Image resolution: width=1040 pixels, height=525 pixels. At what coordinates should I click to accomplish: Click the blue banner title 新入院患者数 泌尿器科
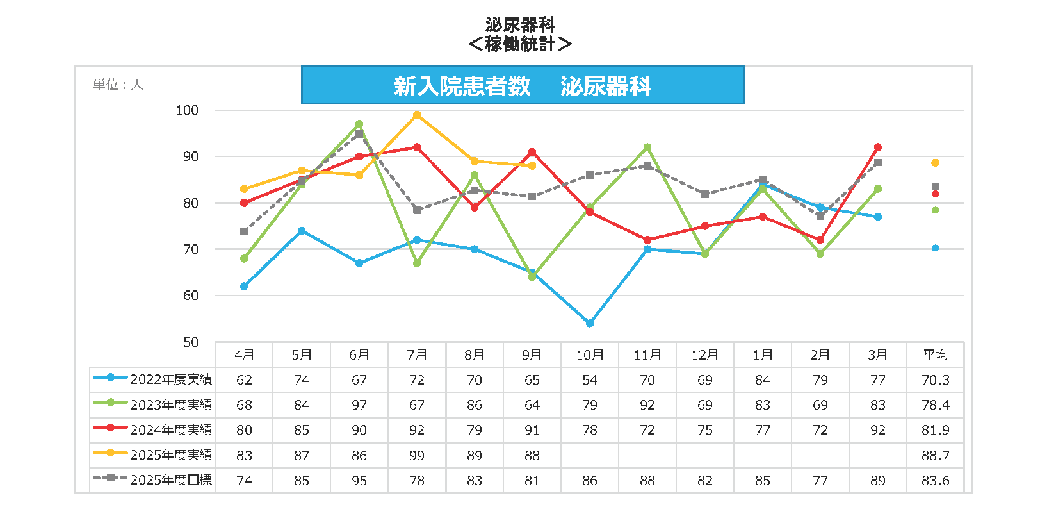tap(522, 85)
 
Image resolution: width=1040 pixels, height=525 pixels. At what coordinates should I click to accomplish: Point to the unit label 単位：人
tap(118, 85)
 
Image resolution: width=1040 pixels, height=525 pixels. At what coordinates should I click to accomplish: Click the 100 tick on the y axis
tap(188, 110)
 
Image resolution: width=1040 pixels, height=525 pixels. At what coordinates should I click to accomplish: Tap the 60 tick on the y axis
tap(191, 296)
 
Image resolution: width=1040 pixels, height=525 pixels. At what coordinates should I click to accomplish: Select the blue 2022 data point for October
tap(590, 323)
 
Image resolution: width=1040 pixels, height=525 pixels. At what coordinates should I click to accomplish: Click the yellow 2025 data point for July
tap(417, 115)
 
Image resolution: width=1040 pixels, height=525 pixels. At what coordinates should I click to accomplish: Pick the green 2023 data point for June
tap(359, 124)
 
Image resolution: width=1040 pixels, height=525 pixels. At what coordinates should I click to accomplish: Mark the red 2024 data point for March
tap(878, 147)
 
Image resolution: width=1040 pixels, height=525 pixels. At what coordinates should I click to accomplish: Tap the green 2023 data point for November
tap(647, 147)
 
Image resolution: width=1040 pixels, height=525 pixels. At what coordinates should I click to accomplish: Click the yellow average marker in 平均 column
tap(935, 163)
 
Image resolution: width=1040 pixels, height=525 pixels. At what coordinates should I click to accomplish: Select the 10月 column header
tap(590, 354)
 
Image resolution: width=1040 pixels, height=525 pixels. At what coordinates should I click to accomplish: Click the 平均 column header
tap(935, 354)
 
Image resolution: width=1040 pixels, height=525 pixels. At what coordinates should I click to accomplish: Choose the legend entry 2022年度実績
tap(154, 379)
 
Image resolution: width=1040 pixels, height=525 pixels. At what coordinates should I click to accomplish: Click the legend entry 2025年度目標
tap(154, 480)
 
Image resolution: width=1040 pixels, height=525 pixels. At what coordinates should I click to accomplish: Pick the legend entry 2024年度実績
tap(154, 430)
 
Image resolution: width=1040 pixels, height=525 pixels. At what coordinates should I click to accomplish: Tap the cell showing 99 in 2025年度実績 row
tap(417, 455)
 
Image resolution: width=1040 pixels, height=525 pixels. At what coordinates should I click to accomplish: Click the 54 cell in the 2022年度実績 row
tap(590, 379)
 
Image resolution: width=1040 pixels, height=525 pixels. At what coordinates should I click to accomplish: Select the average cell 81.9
tap(935, 430)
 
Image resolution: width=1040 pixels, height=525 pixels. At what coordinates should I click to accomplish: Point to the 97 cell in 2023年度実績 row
tap(359, 405)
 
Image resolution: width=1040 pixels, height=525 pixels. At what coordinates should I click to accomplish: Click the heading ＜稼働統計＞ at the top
tap(519, 44)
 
